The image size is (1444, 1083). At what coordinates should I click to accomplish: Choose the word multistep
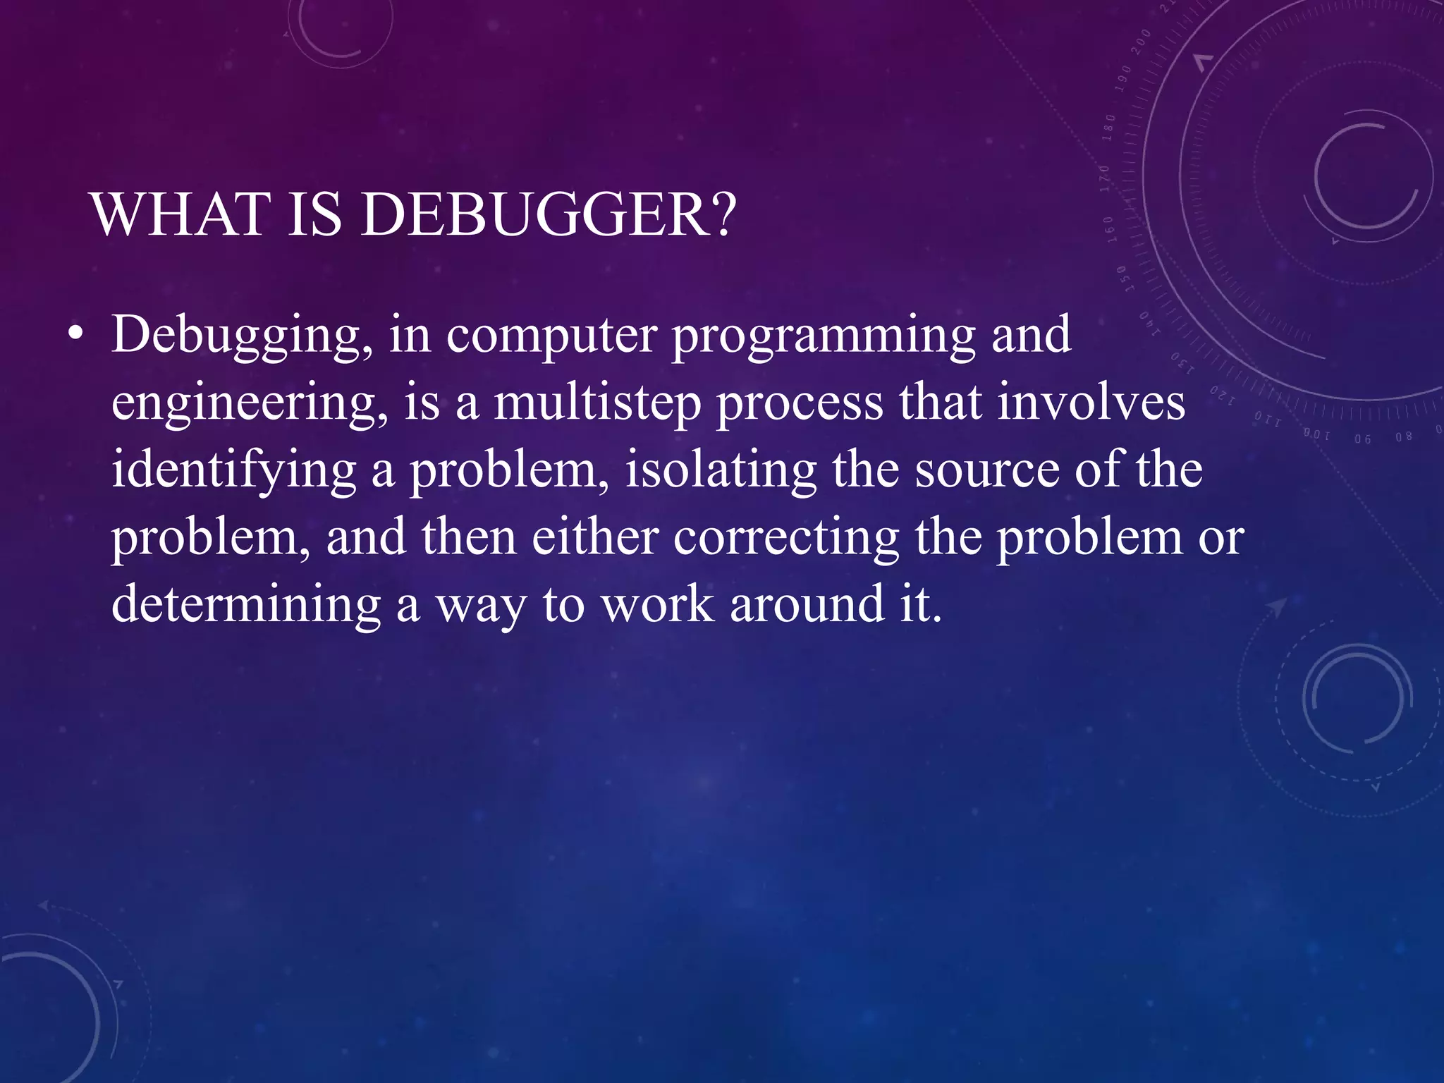[x=596, y=404]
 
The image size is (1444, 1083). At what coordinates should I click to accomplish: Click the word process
[x=800, y=404]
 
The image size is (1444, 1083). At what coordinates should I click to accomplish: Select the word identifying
[x=233, y=471]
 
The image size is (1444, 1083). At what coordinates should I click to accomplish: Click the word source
[x=987, y=471]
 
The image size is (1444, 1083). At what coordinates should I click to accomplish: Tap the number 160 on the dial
[x=1109, y=228]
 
